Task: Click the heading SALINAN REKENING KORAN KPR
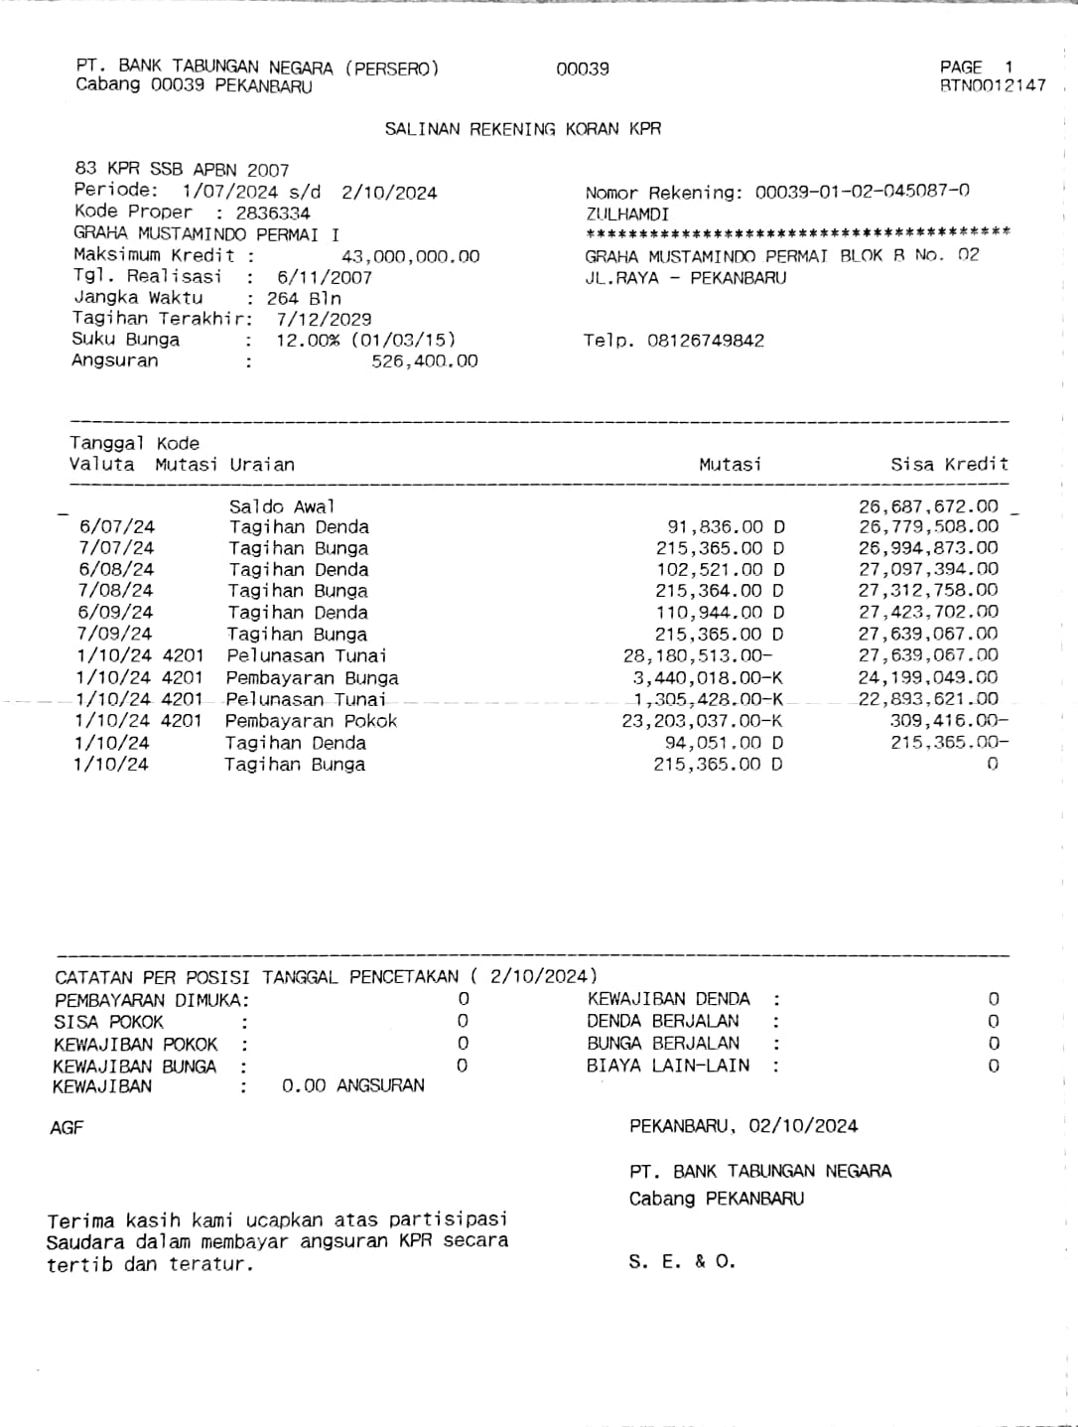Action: point(522,129)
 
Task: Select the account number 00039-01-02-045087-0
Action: point(862,192)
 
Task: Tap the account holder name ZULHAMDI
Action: point(626,214)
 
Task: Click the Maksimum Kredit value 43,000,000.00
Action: point(410,256)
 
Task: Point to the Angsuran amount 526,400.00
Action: point(424,361)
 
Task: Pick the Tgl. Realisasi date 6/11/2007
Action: point(324,278)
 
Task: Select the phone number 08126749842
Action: point(705,341)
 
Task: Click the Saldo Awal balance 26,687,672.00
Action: point(928,506)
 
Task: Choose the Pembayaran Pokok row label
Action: point(311,721)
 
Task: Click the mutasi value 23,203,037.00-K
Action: point(702,721)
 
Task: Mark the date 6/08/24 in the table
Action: point(116,569)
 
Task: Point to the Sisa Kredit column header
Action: point(949,464)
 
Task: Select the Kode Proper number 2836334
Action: point(273,214)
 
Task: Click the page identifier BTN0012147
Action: point(993,85)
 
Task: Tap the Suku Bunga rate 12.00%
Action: point(310,340)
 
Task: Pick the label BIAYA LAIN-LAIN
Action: point(668,1066)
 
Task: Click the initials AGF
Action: point(67,1127)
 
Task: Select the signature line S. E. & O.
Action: point(682,1262)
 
